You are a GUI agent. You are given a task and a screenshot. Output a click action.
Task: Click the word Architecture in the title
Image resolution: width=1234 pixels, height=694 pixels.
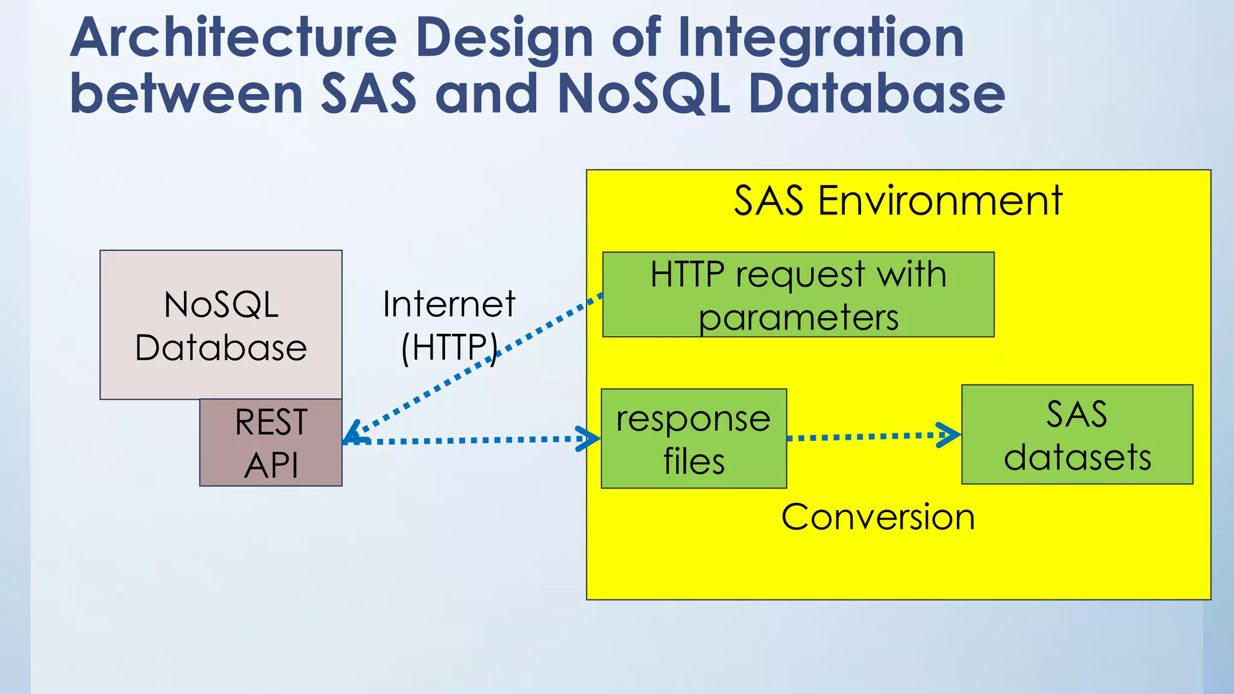[234, 39]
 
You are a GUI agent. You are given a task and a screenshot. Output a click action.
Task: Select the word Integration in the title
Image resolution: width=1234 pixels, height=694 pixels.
[821, 39]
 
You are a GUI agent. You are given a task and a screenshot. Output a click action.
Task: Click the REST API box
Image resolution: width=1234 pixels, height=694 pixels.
[271, 443]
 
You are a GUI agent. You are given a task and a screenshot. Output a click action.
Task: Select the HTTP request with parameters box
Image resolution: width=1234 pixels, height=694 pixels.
[798, 295]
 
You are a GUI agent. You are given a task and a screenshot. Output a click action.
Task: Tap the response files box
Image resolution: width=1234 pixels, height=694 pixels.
[694, 439]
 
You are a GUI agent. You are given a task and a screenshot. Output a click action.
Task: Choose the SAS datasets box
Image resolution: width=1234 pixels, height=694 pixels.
[1077, 434]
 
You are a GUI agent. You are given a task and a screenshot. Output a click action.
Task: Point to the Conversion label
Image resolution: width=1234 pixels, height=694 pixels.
[878, 517]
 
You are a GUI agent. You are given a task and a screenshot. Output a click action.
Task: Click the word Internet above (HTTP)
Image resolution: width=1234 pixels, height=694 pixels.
[449, 304]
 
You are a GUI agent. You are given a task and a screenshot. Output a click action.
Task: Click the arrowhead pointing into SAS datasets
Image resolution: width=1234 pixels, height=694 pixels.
[951, 434]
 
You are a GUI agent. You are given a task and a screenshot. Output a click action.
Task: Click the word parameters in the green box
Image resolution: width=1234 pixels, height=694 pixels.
[798, 318]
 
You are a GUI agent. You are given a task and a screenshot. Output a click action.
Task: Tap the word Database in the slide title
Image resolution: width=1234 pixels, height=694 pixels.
[877, 94]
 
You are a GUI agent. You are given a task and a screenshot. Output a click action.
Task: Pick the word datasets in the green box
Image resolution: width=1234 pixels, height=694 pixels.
[1077, 457]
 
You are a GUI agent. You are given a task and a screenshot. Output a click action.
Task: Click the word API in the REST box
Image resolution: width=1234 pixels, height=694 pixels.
[271, 466]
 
